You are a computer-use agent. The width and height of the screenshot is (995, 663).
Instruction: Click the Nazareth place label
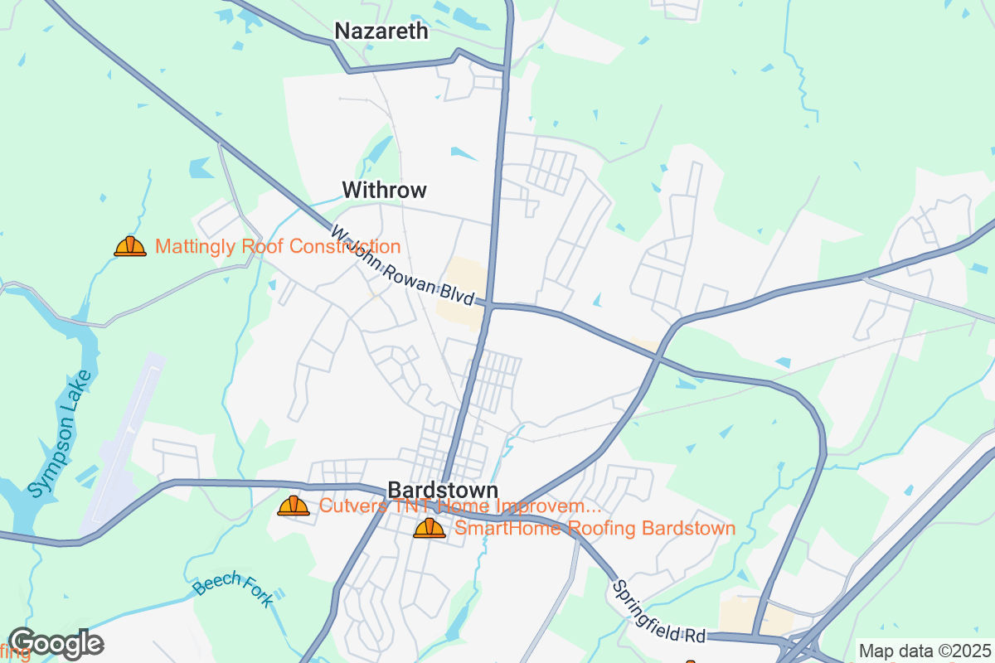381,31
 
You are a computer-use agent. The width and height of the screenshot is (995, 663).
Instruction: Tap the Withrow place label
385,191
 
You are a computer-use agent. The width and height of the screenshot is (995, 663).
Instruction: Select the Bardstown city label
443,490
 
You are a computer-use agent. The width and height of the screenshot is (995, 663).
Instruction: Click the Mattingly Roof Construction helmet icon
130,246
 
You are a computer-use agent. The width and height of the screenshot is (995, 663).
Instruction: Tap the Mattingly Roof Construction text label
278,247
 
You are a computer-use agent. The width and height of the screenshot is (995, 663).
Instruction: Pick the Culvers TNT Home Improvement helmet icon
294,506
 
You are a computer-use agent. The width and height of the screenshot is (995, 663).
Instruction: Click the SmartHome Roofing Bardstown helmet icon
430,528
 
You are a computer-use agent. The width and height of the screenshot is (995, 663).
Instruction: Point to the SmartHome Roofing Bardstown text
595,529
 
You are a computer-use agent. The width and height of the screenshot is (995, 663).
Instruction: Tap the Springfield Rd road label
659,613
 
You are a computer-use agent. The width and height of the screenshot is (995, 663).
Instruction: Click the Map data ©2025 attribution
924,651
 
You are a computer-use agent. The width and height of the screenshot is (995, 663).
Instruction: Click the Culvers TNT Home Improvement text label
460,506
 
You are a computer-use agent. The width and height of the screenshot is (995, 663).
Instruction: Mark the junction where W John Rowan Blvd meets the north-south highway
490,306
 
